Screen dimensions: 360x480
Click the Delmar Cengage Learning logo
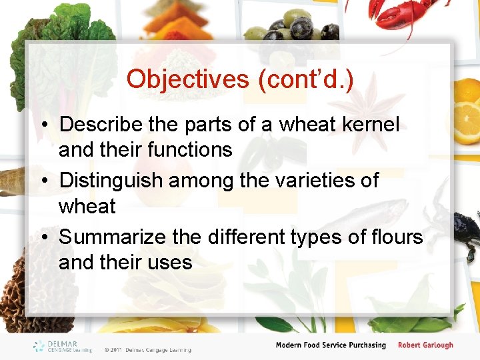pos(64,346)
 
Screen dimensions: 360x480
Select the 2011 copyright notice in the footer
pos(147,349)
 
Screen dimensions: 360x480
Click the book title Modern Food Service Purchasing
pos(331,345)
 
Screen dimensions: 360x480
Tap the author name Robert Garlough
pos(425,345)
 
